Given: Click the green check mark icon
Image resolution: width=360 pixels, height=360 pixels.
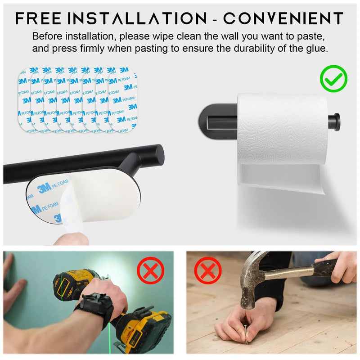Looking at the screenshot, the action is click(333, 79).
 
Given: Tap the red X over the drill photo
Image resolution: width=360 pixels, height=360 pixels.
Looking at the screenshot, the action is click(151, 271).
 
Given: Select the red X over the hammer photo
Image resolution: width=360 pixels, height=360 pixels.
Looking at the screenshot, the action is click(208, 271).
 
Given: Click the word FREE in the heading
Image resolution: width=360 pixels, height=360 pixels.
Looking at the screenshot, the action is click(38, 18).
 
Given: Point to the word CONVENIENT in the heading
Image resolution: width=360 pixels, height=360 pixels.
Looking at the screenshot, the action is click(283, 18).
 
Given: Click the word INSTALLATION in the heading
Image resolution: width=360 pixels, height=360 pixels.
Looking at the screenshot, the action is click(137, 18).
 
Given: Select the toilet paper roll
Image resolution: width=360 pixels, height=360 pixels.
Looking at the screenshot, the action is click(283, 129).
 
